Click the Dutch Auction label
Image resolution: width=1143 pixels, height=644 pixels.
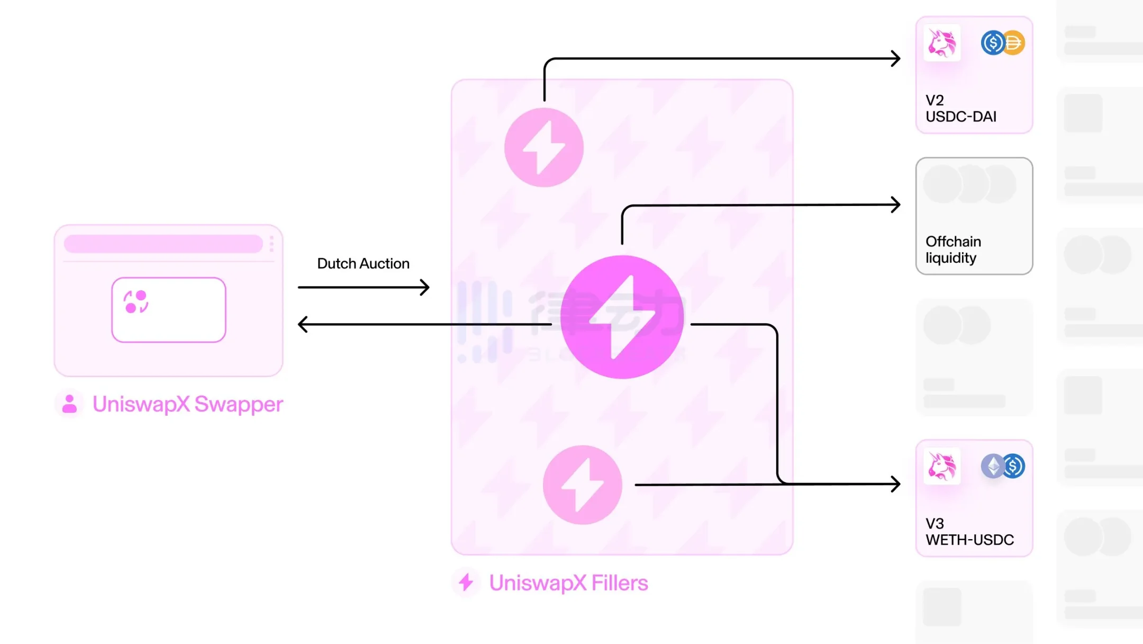(x=363, y=263)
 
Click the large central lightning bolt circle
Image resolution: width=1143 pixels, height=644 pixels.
(x=622, y=317)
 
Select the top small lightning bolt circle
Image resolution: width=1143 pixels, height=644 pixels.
(x=544, y=147)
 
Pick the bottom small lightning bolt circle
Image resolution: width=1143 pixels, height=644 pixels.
(x=583, y=485)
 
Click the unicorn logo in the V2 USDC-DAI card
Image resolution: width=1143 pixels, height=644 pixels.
(x=942, y=43)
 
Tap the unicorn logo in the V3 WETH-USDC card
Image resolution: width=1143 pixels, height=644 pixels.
(x=942, y=466)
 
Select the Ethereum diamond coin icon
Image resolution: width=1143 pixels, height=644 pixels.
(x=993, y=466)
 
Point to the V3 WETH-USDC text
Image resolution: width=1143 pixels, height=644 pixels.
(x=969, y=532)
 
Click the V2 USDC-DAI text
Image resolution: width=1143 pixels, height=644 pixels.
(x=960, y=109)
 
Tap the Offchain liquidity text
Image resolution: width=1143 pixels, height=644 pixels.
(x=953, y=249)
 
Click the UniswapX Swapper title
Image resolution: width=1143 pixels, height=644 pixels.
(x=188, y=404)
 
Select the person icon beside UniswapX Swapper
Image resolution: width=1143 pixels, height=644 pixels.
(x=69, y=404)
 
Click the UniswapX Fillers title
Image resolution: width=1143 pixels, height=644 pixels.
(x=568, y=583)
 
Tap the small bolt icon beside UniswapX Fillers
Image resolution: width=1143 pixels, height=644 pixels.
(x=466, y=582)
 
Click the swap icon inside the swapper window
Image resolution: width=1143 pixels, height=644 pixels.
(x=136, y=301)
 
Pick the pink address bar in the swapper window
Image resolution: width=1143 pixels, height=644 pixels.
(x=163, y=244)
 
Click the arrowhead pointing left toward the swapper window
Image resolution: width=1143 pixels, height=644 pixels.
(x=303, y=324)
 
